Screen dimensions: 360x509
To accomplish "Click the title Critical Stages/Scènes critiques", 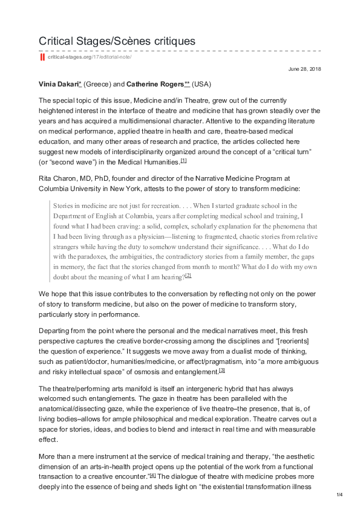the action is click(x=117, y=41).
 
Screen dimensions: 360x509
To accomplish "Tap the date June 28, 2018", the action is click(x=304, y=70).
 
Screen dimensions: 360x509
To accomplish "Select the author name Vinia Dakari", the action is click(x=60, y=83).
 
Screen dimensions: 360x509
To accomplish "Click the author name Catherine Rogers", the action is click(x=154, y=83).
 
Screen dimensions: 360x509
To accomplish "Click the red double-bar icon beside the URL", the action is click(x=42, y=57).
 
